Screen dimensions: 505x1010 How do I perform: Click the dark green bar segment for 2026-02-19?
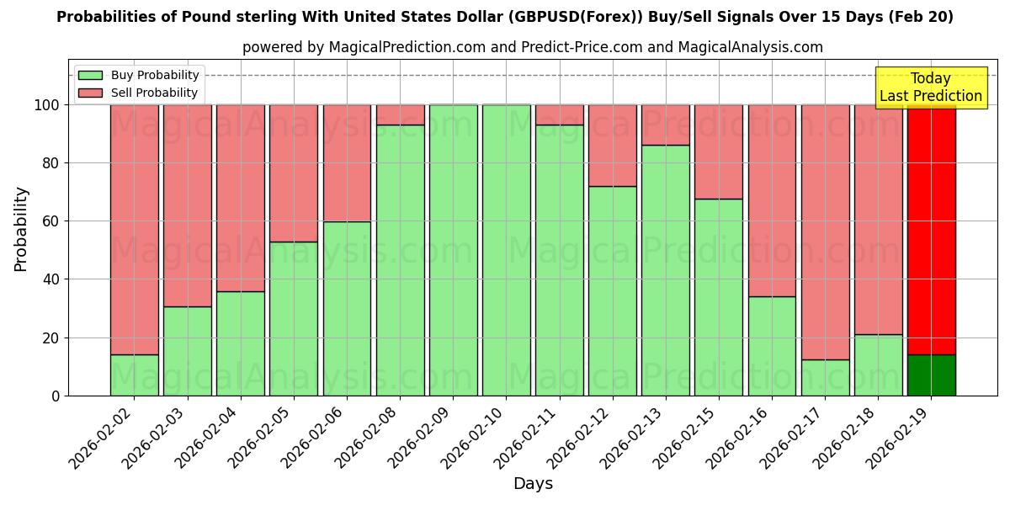pos(931,375)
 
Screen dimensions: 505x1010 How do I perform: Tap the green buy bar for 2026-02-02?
pos(135,375)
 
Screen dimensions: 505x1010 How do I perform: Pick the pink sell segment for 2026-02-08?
pos(401,114)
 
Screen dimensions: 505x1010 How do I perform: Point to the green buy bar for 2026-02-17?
pos(825,378)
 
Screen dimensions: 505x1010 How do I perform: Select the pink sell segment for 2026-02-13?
pos(666,125)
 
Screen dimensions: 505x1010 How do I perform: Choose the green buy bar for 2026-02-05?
pos(294,320)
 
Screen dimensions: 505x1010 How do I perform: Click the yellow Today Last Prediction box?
pos(931,88)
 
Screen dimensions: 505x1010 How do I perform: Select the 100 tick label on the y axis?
pos(47,105)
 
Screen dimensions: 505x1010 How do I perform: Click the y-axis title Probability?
pos(21,229)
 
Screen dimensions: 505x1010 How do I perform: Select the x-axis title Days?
pos(533,484)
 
